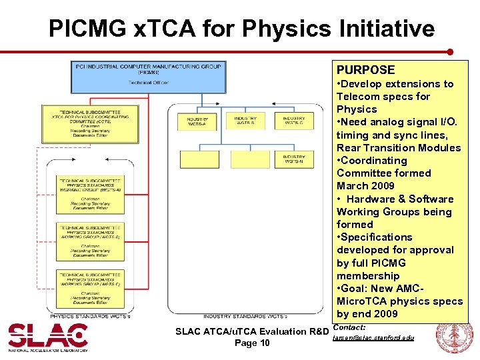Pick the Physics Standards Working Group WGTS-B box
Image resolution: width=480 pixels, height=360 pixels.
point(90,240)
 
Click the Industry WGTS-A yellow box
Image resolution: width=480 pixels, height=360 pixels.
point(197,121)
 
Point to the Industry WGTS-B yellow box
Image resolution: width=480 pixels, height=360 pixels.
point(245,121)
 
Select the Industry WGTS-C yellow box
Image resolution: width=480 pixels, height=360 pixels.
point(293,121)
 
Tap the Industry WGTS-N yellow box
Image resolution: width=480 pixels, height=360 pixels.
point(293,159)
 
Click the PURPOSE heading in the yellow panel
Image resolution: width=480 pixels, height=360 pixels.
point(365,70)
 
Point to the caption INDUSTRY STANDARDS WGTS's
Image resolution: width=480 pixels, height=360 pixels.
point(245,315)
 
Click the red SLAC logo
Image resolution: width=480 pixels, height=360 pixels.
point(47,337)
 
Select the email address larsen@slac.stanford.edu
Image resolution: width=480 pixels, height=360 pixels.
point(373,338)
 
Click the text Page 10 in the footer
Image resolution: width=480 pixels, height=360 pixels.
point(252,343)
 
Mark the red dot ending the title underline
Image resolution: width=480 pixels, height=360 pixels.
point(450,51)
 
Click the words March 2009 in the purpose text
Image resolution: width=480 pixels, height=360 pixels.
point(365,186)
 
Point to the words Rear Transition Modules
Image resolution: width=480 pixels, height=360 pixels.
point(398,148)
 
